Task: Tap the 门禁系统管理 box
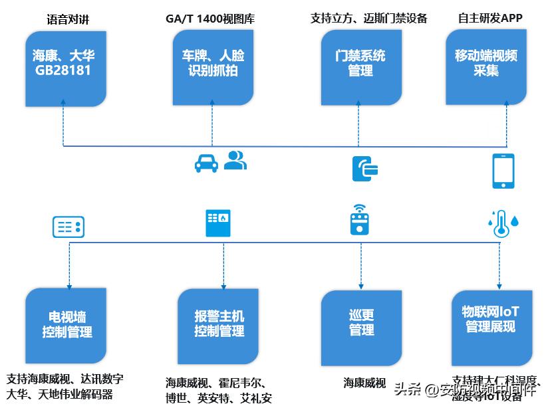pos(360,64)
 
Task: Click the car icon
pos(207,162)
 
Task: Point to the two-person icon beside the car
pos(235,160)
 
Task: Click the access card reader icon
pos(365,168)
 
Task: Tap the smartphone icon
pos(503,171)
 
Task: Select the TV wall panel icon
pos(68,227)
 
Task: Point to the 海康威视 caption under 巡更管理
pos(364,383)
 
